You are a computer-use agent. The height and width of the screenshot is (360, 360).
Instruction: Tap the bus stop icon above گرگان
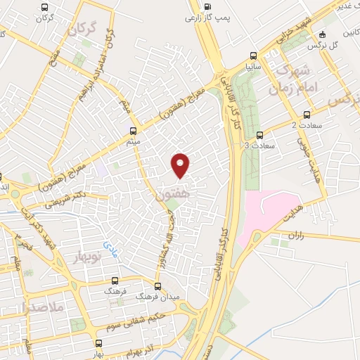(x=46, y=8)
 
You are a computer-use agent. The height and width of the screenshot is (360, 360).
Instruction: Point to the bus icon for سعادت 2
(x=307, y=115)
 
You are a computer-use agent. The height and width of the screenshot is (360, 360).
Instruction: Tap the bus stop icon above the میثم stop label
(x=134, y=131)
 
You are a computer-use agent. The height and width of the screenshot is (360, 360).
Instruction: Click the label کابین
(x=349, y=33)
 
